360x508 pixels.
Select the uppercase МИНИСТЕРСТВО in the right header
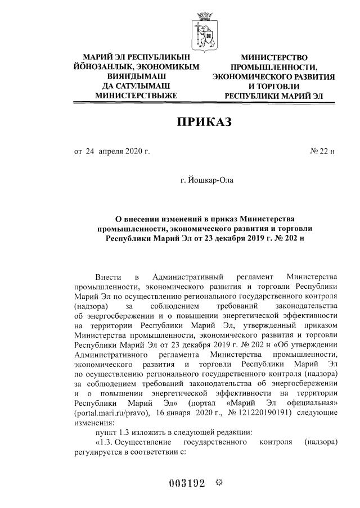(274, 57)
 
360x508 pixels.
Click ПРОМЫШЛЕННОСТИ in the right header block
(274, 67)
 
